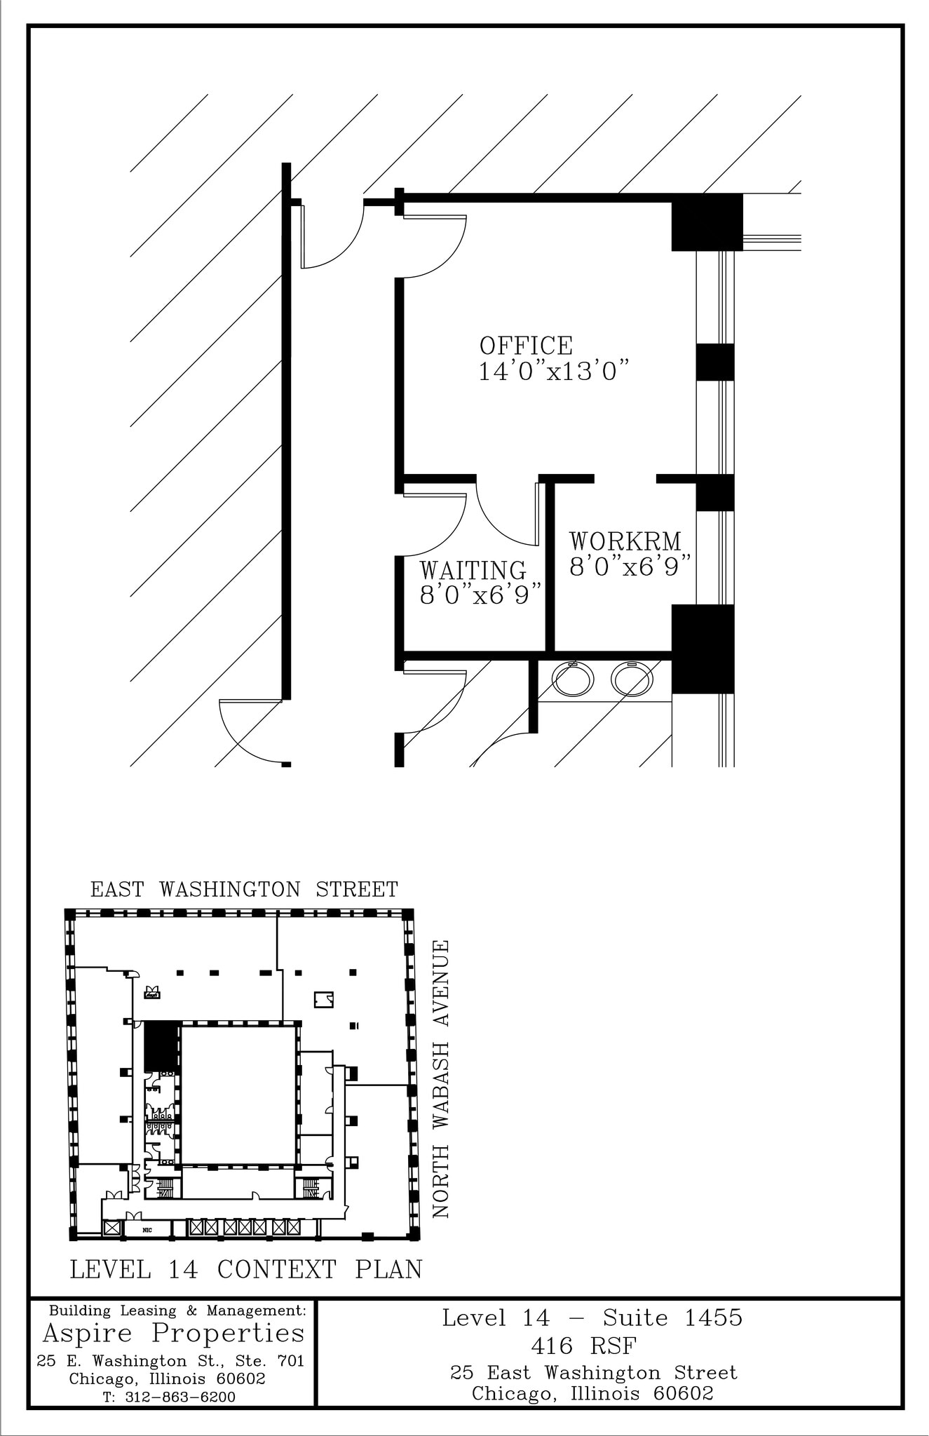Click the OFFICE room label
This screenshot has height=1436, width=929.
coord(526,345)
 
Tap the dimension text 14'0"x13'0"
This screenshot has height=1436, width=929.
coord(552,372)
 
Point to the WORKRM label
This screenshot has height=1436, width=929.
coord(625,541)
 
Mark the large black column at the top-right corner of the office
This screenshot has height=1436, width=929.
coord(706,222)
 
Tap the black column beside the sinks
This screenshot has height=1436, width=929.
coord(703,649)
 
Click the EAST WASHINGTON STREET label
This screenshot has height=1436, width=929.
coord(244,889)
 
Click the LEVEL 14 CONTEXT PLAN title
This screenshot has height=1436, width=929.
coord(246,1269)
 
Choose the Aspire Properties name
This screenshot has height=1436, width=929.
coord(174,1332)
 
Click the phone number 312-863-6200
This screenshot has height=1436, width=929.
coord(179,1397)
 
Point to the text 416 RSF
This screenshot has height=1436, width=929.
coord(583,1346)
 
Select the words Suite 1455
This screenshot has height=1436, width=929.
coord(672,1318)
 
